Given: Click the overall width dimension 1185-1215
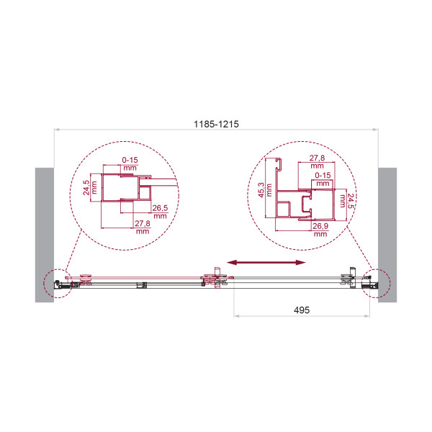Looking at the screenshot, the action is click(x=216, y=124).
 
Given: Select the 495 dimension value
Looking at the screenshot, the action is click(x=302, y=310).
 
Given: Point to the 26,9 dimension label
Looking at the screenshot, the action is click(x=320, y=226).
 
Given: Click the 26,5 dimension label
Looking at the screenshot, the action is click(x=160, y=208).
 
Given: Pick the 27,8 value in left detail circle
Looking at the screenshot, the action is click(x=143, y=223).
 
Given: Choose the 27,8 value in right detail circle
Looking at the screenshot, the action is click(x=317, y=158).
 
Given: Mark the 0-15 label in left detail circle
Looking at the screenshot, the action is click(x=130, y=160).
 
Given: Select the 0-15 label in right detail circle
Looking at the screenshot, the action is click(x=323, y=175).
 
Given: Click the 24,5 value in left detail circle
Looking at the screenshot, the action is click(x=86, y=188).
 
